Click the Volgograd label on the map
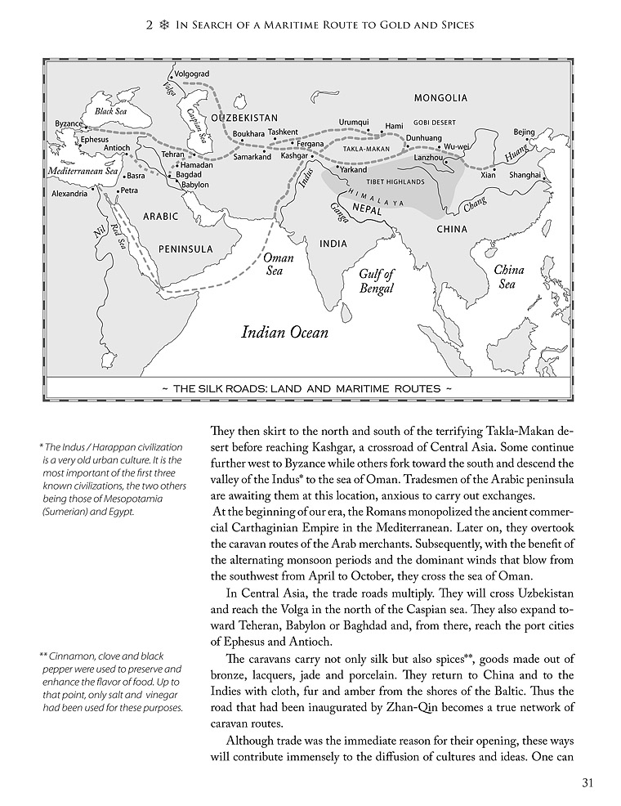198,74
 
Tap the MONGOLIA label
440,98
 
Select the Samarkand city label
252,157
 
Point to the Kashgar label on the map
294,154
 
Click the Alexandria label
69,194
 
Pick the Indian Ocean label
284,332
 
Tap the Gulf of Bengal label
377,281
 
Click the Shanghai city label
525,175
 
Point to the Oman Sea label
278,264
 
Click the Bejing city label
524,132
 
